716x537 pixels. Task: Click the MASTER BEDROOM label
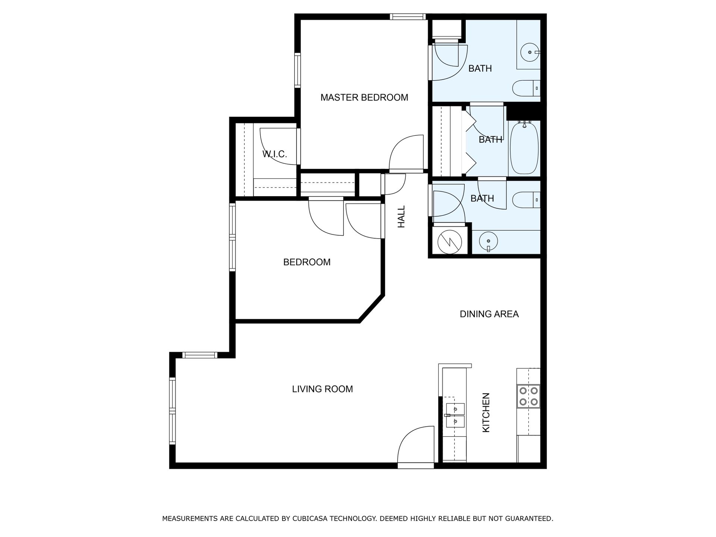364,98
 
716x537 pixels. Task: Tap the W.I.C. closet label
275,154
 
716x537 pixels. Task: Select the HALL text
401,217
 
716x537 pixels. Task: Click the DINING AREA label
489,314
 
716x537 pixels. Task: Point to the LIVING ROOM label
322,389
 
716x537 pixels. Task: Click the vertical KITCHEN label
486,412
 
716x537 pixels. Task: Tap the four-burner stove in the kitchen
528,396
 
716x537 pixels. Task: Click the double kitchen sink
455,415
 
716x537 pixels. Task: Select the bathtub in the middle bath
524,148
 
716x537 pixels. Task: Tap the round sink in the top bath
530,52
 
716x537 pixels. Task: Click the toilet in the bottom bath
525,200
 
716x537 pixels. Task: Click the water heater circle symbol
449,241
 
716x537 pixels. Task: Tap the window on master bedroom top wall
408,16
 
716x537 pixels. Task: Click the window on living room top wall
200,355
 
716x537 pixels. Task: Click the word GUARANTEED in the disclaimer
528,518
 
